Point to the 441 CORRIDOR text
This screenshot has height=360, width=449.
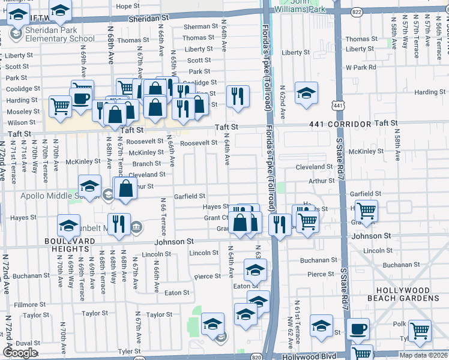point(340,123)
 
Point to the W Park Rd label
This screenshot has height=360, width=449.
point(361,67)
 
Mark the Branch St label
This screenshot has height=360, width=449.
point(146,164)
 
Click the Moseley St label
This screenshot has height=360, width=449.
point(23,112)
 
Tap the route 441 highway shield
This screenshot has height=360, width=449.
point(339,105)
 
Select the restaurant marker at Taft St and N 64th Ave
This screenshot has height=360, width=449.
point(238,96)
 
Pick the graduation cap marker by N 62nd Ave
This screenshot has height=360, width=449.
point(306,93)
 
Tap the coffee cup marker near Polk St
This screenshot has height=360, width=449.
point(358,329)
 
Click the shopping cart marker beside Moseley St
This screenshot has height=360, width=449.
point(60,107)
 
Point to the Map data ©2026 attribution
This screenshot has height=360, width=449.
point(423,355)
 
